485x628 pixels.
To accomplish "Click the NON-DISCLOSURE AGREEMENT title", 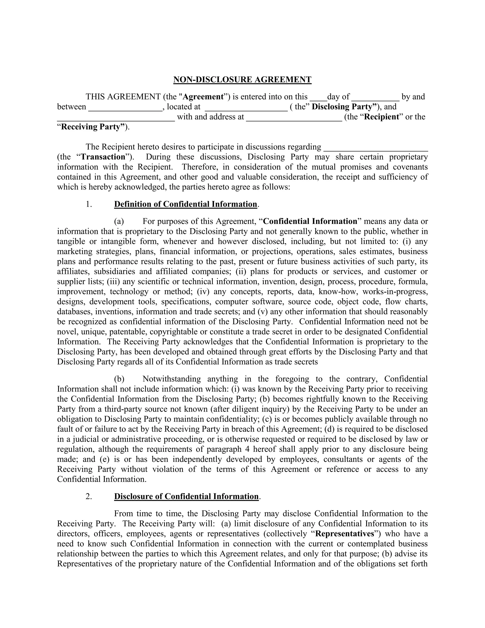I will point(242,80).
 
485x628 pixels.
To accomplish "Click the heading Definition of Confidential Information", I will point(186,204).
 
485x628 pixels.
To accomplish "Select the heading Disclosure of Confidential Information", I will point(186,496).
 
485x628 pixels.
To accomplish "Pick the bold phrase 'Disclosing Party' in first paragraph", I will point(342,107).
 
